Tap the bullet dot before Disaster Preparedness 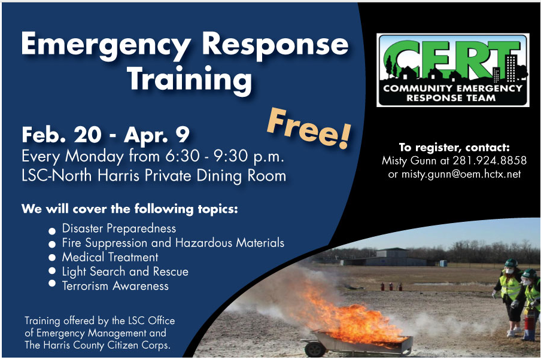52,230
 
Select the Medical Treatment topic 110,257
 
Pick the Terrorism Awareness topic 115,286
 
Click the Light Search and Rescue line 125,271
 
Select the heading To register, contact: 454,147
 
